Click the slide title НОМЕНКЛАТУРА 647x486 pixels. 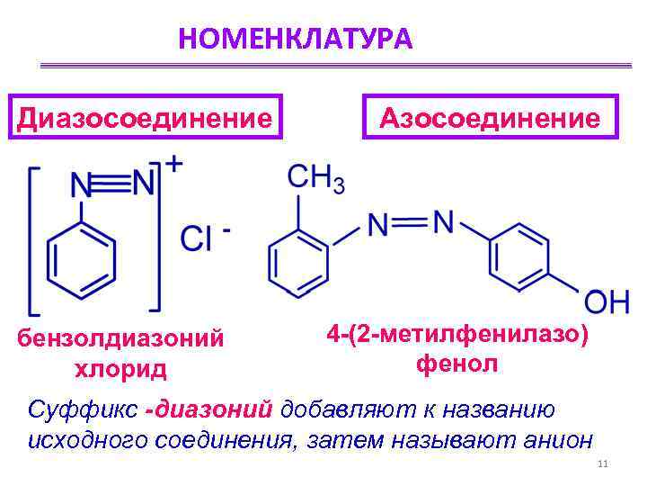[295, 39]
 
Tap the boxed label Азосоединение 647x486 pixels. [491, 117]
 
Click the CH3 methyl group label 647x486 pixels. [315, 178]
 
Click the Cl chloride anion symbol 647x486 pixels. [197, 238]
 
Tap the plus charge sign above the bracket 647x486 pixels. [175, 164]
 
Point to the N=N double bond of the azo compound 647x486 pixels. [410, 221]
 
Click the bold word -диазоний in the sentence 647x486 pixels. [211, 409]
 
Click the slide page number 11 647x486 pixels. [603, 464]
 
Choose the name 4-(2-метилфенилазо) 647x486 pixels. [458, 335]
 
